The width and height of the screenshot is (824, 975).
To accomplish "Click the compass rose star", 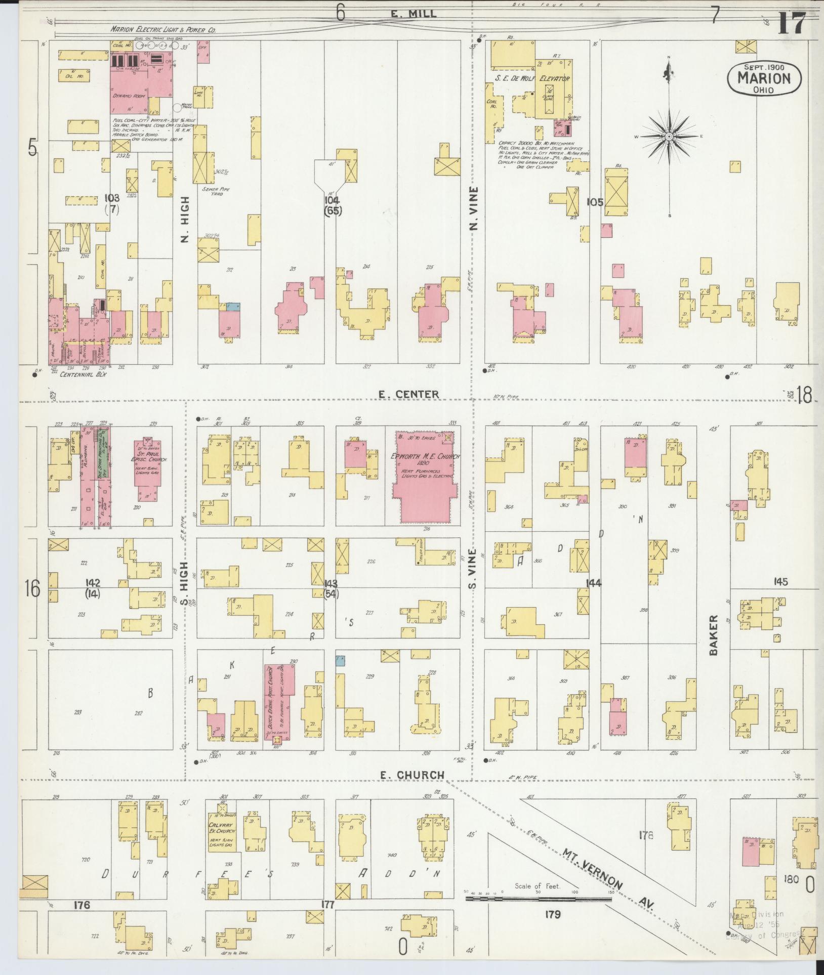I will click(x=669, y=136).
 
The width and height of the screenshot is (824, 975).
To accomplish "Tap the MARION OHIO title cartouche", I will click(x=764, y=78).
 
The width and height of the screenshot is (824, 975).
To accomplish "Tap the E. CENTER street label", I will click(x=409, y=394).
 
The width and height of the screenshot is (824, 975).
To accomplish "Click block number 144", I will click(x=593, y=583).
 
